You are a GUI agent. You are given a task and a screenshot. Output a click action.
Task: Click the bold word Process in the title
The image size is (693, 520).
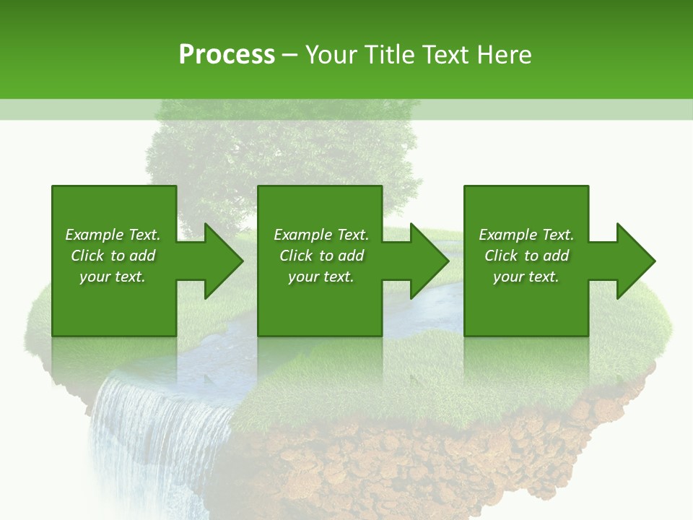point(227,55)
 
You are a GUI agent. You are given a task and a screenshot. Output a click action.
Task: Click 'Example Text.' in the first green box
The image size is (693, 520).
point(113,235)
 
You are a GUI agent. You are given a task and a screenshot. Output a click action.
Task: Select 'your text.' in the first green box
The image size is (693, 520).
point(113,277)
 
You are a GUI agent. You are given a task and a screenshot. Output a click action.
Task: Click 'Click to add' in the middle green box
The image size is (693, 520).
point(321,256)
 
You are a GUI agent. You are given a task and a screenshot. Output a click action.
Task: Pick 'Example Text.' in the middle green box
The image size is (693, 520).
point(321,235)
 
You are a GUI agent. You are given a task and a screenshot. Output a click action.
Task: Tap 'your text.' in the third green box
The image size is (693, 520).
point(526,277)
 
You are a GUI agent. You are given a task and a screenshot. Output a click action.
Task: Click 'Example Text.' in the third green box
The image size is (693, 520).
point(526,235)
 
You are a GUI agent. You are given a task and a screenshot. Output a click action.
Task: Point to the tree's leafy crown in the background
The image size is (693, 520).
point(282,152)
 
